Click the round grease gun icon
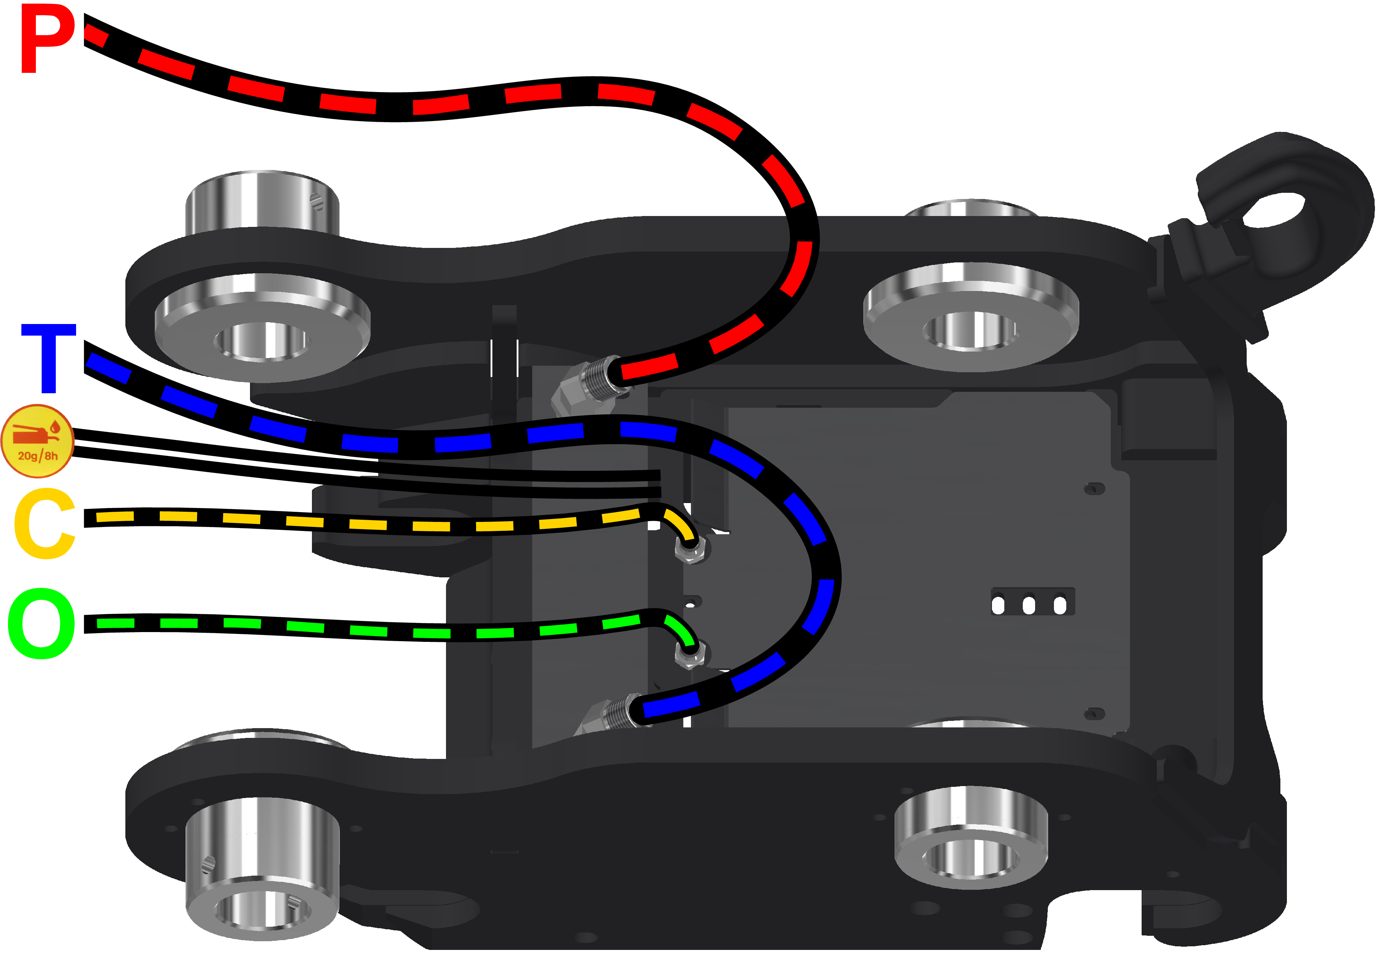37,441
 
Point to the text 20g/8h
38,456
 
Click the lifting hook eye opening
1273,211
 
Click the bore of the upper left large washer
262,341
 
